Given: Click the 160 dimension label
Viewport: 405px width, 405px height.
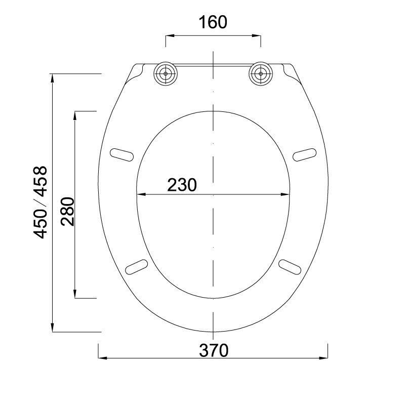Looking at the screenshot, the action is [x=213, y=22].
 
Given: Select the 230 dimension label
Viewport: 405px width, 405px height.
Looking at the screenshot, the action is [x=182, y=185].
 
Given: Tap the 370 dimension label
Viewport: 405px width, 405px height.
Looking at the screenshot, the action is [x=214, y=350].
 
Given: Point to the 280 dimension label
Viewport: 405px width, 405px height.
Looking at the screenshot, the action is [x=68, y=212].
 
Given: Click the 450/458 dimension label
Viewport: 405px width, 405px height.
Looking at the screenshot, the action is [x=40, y=202].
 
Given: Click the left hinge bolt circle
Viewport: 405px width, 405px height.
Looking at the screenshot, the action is [x=166, y=73].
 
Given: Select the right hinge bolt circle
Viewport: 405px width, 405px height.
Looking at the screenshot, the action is [x=261, y=73].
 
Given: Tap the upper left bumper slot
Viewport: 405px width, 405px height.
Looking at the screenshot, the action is [x=121, y=155].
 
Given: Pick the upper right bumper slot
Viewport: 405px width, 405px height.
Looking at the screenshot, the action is [x=305, y=155].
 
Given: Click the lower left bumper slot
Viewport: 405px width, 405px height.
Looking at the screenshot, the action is [x=136, y=267].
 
